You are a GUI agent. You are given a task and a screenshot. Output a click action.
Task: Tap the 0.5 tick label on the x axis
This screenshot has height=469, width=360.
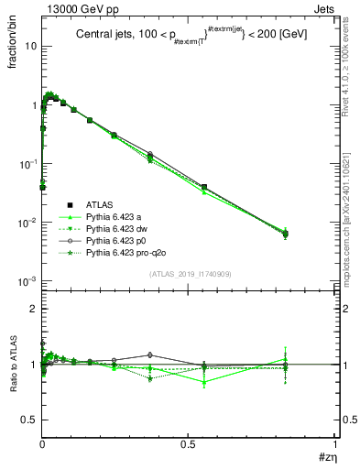(x=188, y=443)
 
